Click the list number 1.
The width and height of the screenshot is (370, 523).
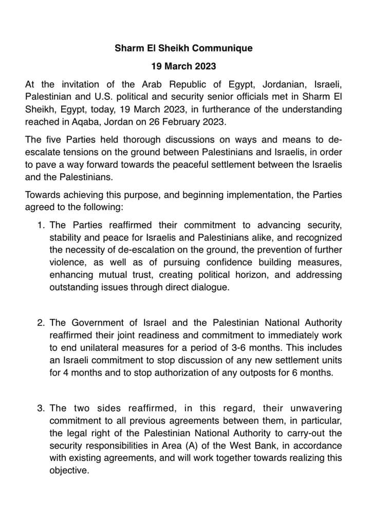click(41, 225)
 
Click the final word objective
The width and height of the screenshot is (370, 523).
click(69, 470)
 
